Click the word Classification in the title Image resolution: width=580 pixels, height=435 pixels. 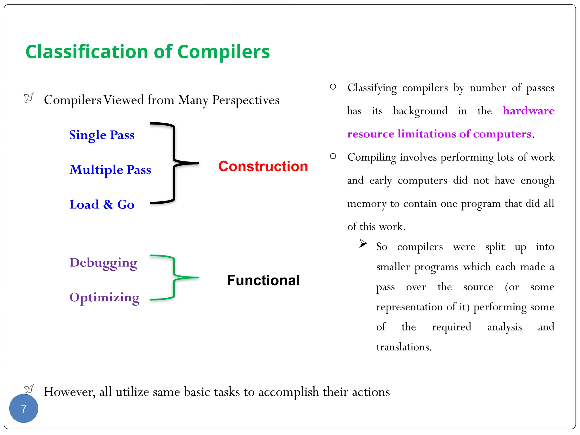coord(87,52)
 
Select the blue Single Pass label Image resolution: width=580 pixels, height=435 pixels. coord(102,135)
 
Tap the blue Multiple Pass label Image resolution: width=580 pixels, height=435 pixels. coord(110,170)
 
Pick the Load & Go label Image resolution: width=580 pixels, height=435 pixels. coord(102,204)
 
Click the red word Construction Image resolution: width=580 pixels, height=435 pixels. coord(263,166)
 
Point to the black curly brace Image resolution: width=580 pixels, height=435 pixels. coord(174,163)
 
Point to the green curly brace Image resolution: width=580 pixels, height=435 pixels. coord(174,278)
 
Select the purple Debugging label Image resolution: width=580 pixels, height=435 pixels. coord(103,263)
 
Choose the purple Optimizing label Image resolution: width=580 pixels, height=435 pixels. coord(104,298)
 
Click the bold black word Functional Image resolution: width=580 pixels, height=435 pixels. coord(263,280)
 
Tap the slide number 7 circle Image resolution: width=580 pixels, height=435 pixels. coord(24,409)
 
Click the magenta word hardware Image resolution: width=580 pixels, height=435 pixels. coord(528,111)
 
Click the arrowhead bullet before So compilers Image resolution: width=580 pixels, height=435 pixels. coord(363,243)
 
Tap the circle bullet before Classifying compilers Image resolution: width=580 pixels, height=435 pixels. coord(333,87)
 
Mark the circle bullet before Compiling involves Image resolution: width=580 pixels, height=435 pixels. coord(333,156)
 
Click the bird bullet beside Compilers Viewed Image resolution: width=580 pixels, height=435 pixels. coord(29,98)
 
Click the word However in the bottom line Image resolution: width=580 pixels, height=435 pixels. coord(69,392)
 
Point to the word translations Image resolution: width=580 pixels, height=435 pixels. coord(404,347)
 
